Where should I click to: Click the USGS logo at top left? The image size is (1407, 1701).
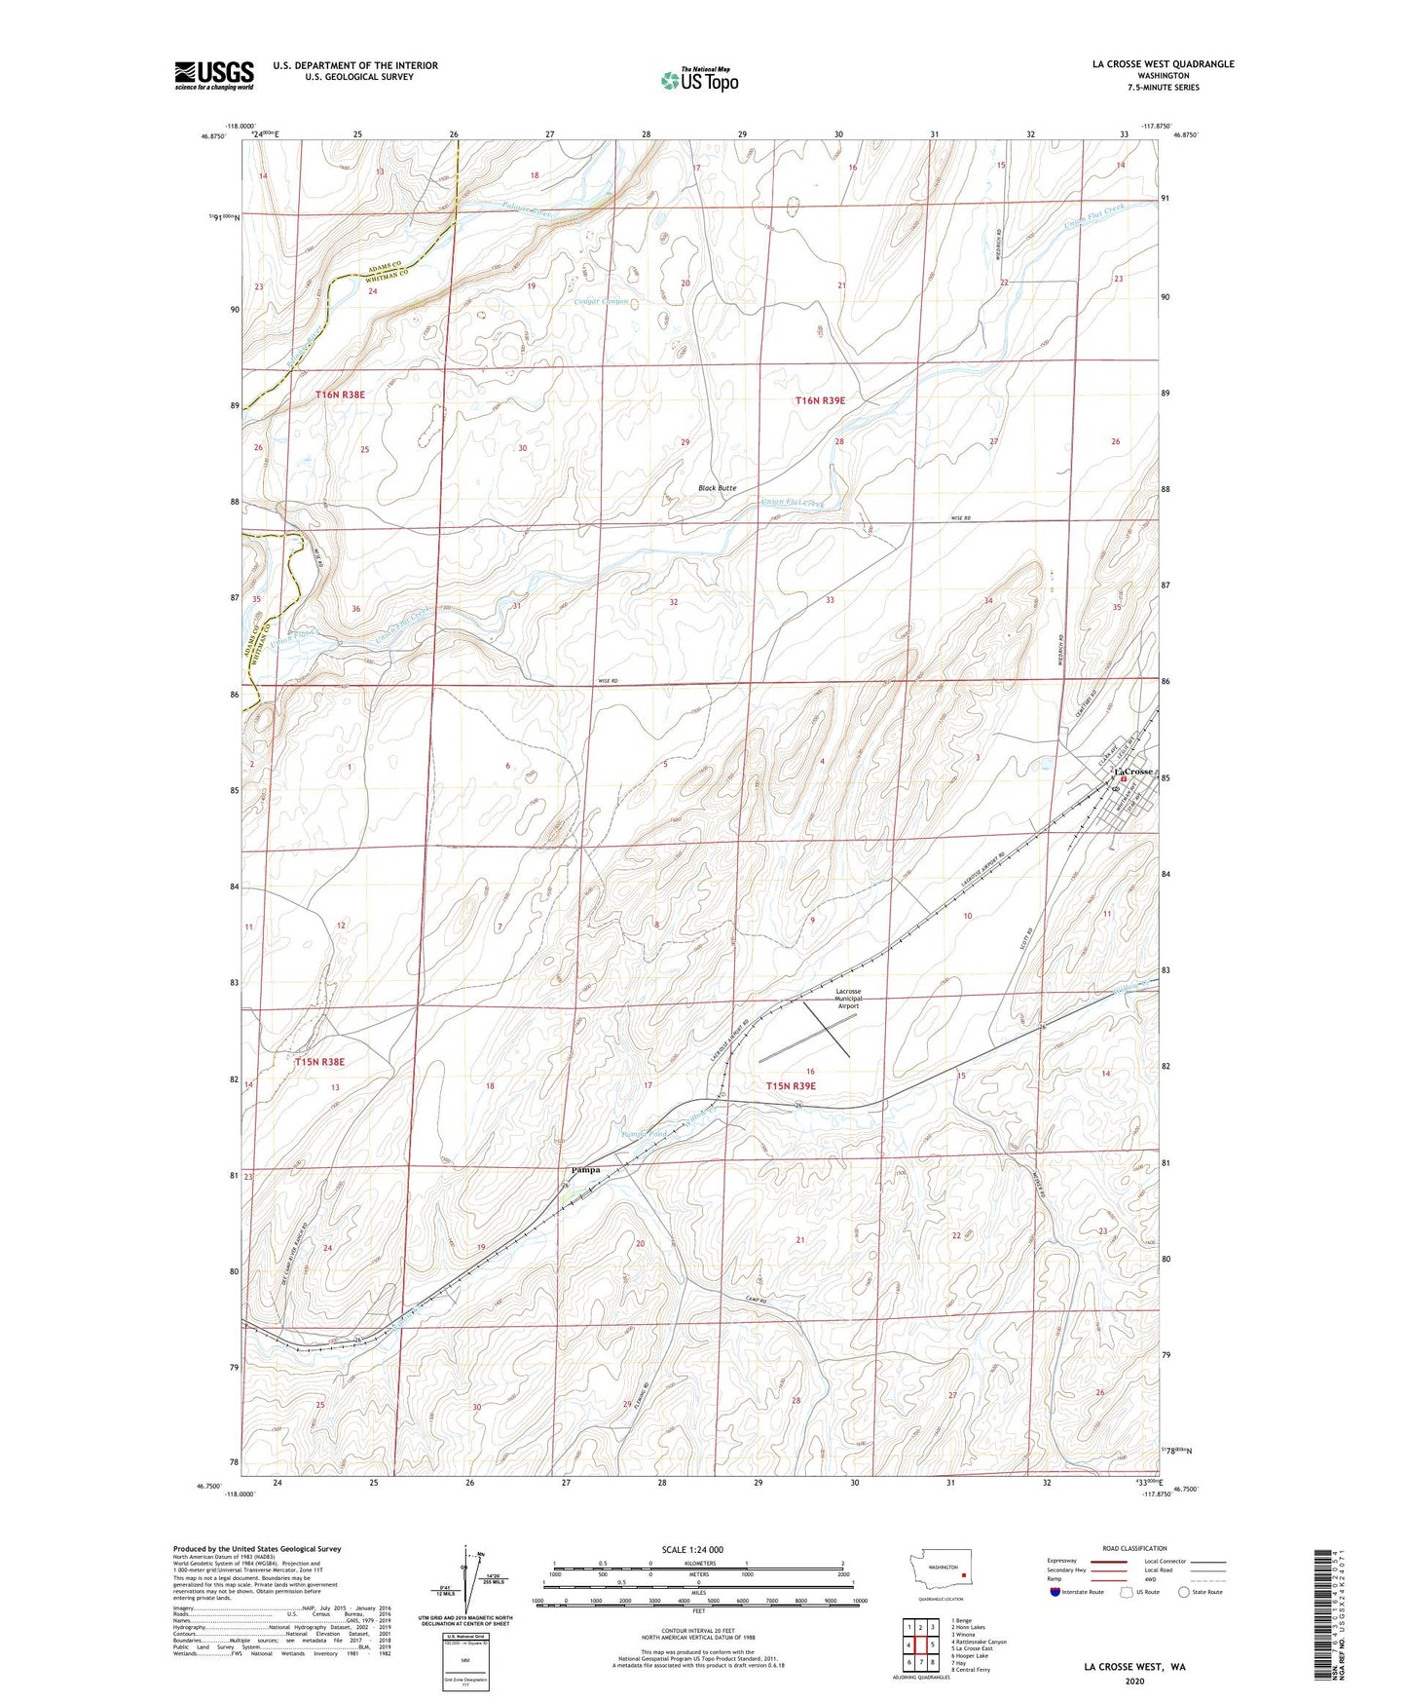[214, 75]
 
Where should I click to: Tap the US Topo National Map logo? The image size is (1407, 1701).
[698, 79]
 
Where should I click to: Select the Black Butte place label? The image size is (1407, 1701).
[717, 487]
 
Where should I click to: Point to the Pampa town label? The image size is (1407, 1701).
[584, 1169]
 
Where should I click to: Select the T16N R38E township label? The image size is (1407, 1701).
[340, 395]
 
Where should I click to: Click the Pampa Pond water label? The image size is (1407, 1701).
[645, 1133]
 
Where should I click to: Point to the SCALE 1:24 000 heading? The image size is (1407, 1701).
[692, 1549]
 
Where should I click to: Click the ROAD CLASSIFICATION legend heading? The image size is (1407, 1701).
[1134, 1548]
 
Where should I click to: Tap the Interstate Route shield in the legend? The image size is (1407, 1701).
[1056, 1592]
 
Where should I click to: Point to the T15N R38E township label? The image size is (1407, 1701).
[319, 1062]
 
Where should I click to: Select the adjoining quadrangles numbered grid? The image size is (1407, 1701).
[920, 1644]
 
